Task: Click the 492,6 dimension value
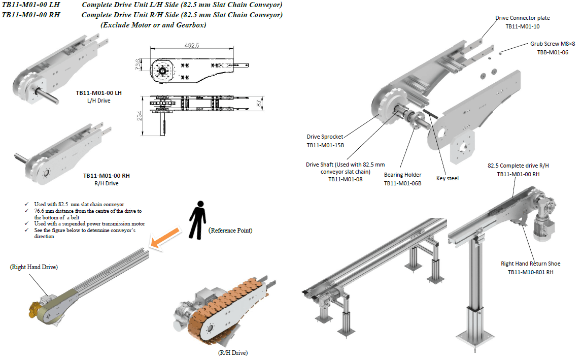(x=191, y=45)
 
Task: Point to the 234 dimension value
(x=139, y=116)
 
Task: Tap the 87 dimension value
(x=259, y=104)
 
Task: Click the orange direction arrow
(x=165, y=238)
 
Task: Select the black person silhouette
(x=198, y=220)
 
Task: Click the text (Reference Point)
(x=230, y=231)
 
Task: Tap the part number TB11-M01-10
(x=523, y=26)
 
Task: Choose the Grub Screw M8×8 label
(x=553, y=44)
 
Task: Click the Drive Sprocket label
(x=325, y=137)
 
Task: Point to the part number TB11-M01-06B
(x=403, y=183)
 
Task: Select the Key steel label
(x=448, y=179)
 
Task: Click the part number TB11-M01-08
(x=346, y=179)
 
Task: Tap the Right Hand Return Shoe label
(x=531, y=264)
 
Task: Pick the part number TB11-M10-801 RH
(x=531, y=272)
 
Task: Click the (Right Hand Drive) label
(x=34, y=267)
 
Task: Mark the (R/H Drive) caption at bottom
(x=233, y=352)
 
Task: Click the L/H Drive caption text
(x=99, y=101)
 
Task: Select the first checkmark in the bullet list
(x=26, y=204)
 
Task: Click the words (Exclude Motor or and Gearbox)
(x=153, y=25)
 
